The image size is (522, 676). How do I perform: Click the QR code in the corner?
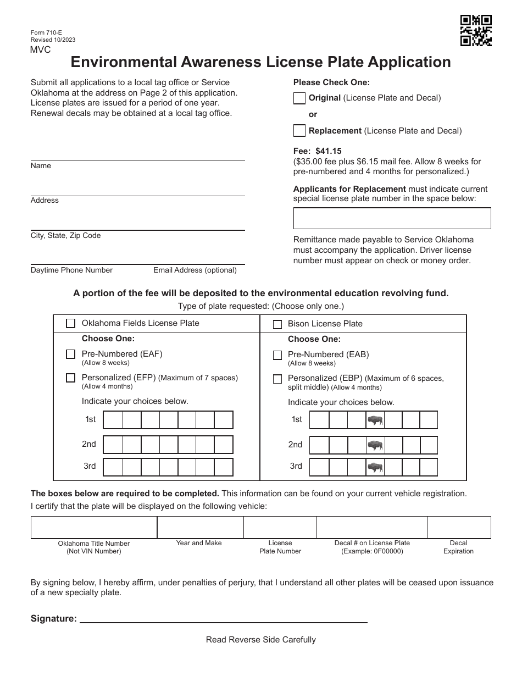(475, 31)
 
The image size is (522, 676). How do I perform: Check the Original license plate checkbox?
(299, 98)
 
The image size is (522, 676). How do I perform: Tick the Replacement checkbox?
(299, 131)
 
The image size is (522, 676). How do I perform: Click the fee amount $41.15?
(329, 151)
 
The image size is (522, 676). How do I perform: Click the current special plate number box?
(392, 218)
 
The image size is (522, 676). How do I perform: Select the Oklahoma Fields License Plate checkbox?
(70, 324)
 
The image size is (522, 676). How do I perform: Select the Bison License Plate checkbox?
(277, 324)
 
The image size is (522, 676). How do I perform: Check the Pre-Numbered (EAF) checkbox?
(70, 354)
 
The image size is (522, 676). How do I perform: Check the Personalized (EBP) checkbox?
(277, 379)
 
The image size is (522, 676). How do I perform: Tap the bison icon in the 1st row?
(375, 420)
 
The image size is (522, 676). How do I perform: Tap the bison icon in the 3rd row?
(375, 468)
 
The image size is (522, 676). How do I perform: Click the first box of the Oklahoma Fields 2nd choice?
(113, 445)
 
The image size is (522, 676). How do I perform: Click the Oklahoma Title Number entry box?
(94, 527)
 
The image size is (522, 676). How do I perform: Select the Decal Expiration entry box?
(459, 527)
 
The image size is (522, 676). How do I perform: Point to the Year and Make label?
(199, 543)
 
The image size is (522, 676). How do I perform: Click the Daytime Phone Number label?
(71, 270)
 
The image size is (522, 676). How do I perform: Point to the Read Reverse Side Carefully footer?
(260, 640)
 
